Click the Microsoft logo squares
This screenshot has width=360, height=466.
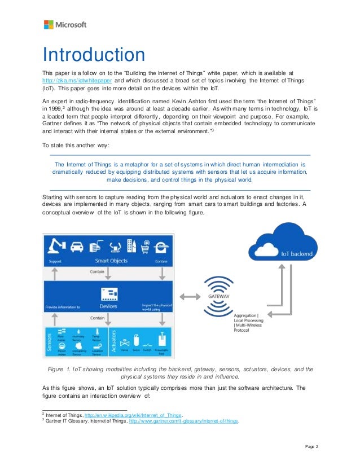coord(49,25)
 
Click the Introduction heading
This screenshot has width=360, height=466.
coord(94,55)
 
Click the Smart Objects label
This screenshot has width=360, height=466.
coord(111,261)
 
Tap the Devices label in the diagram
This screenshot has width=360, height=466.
coord(108,306)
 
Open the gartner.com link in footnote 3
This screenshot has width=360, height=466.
coord(185,421)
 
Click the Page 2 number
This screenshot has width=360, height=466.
coord(312,447)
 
